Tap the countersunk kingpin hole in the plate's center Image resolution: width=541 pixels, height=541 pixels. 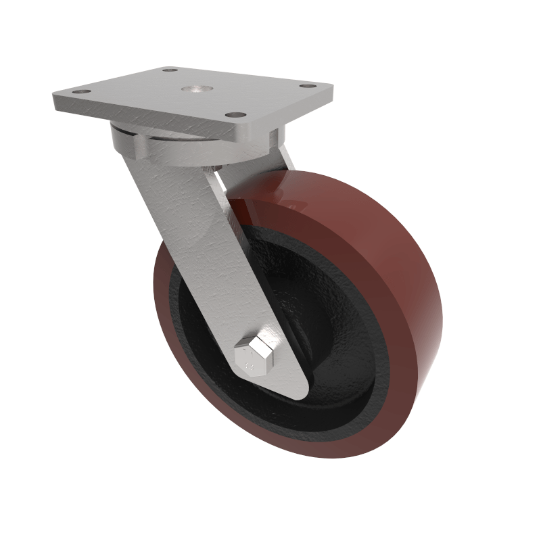click(194, 89)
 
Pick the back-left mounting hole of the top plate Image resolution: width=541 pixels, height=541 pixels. click(170, 70)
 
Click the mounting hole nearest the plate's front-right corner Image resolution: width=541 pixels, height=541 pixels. click(234, 116)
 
